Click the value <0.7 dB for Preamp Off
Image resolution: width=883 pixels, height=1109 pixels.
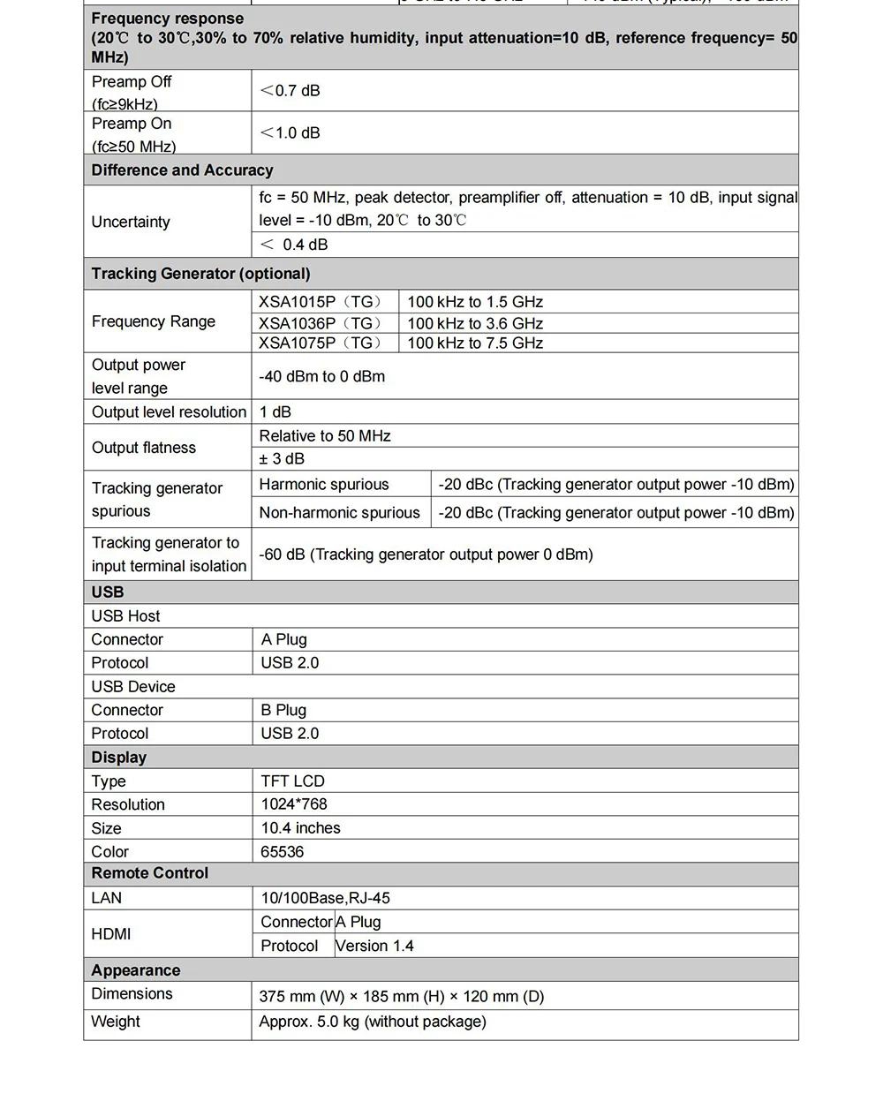click(x=290, y=90)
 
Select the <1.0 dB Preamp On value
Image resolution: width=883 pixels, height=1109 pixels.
click(x=290, y=132)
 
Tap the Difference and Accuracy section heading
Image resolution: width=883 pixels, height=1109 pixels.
click(x=182, y=170)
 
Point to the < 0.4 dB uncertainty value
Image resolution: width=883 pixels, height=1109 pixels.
click(x=293, y=245)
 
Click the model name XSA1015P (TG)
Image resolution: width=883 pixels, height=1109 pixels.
click(x=320, y=301)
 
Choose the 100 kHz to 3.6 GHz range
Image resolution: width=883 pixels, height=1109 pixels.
click(x=475, y=323)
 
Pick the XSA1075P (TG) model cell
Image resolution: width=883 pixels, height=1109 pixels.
click(x=320, y=343)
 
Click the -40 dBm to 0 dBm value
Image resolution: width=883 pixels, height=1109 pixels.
click(x=321, y=376)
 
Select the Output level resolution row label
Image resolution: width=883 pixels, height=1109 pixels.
click(x=169, y=411)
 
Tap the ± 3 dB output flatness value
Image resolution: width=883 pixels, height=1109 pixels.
click(x=282, y=458)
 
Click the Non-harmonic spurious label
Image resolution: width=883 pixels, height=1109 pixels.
click(x=339, y=512)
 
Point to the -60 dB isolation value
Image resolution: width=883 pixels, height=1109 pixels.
click(x=426, y=554)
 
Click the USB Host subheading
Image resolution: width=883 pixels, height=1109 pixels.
click(x=125, y=615)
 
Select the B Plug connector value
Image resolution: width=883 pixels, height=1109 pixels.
click(x=283, y=710)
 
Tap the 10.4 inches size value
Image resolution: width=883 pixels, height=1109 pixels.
click(x=300, y=827)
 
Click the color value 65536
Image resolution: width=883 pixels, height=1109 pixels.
click(x=282, y=851)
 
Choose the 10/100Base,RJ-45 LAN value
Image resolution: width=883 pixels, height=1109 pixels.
click(x=325, y=897)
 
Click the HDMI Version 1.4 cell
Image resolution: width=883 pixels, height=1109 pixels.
click(x=374, y=946)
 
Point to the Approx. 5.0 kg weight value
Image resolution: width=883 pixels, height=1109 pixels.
click(x=372, y=1021)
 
